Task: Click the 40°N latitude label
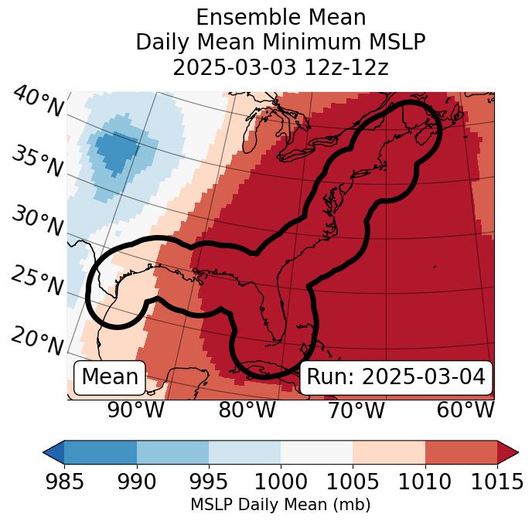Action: point(37,103)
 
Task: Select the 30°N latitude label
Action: point(37,222)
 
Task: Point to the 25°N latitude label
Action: point(37,281)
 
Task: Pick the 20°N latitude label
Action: point(37,341)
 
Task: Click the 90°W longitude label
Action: point(137,410)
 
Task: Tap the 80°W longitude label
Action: point(247,410)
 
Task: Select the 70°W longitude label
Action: point(356,410)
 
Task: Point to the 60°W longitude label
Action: point(465,410)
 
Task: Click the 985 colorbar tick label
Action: point(64,482)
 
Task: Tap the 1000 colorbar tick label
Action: point(281,482)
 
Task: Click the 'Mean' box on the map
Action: point(110,377)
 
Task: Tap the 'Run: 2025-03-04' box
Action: point(396,377)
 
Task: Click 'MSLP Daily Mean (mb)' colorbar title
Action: point(280,506)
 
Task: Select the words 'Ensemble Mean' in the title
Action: point(281,17)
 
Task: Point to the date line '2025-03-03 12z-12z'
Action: point(281,67)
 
